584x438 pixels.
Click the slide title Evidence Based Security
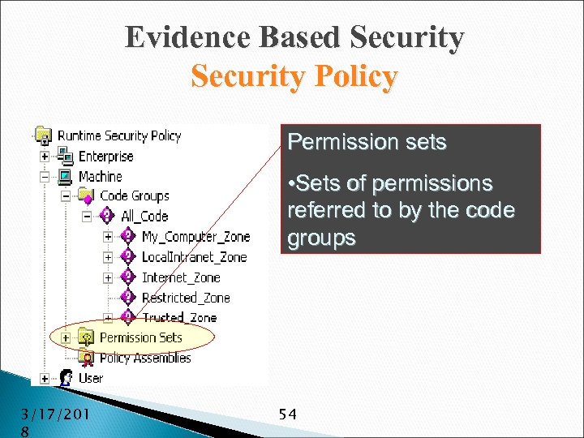[x=294, y=38]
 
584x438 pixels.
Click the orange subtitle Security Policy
[x=294, y=77]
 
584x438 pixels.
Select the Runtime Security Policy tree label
[x=118, y=135]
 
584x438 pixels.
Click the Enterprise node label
[x=105, y=156]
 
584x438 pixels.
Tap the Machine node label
[x=100, y=176]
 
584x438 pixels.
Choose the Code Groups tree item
[x=134, y=195]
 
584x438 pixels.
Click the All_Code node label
[x=144, y=216]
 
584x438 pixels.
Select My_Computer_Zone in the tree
[x=195, y=237]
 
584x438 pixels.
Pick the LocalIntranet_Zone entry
[x=194, y=257]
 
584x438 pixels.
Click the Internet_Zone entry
[x=180, y=277]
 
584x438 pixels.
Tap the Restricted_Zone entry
[x=186, y=298]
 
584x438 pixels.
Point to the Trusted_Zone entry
[x=178, y=317]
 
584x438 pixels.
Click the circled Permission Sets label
[x=140, y=337]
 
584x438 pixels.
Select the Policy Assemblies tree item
[x=145, y=358]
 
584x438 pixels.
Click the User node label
[x=90, y=378]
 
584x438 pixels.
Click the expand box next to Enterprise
[x=44, y=156]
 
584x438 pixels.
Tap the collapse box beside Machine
[x=44, y=176]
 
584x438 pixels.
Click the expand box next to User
[x=44, y=378]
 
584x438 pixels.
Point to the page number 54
[x=287, y=414]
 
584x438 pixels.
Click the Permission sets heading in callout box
[x=367, y=143]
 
